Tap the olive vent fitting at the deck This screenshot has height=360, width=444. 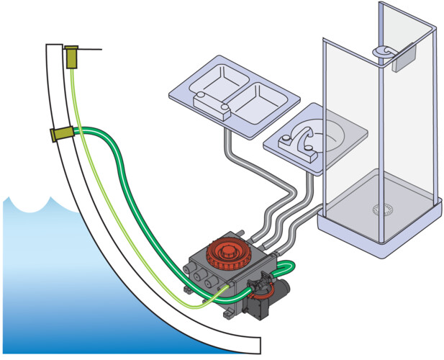pos(71,57)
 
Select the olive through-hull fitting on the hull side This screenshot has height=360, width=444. pos(60,134)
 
